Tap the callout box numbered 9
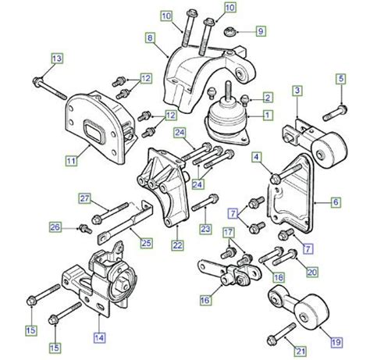tap(261, 32)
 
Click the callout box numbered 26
tap(55, 228)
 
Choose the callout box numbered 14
tap(98, 337)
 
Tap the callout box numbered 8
tap(148, 37)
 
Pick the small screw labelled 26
tap(80, 228)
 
